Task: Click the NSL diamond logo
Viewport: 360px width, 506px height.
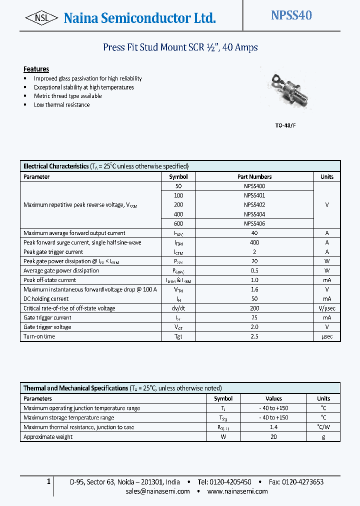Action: [x=41, y=18]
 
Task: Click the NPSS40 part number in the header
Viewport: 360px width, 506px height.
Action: [x=291, y=15]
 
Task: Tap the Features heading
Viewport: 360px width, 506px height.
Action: [x=36, y=69]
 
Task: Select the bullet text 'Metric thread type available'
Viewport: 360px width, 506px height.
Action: [x=67, y=96]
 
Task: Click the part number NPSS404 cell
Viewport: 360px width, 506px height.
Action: [x=254, y=214]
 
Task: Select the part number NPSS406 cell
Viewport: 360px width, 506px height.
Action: [x=254, y=223]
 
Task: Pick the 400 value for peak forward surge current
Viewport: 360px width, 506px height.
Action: [x=254, y=242]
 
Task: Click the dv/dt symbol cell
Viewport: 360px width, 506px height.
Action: [x=178, y=308]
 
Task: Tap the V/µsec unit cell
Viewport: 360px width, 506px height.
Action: [x=326, y=308]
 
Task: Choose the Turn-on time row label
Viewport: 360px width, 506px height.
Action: [x=39, y=336]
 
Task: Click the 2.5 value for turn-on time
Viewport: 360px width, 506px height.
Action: [x=254, y=336]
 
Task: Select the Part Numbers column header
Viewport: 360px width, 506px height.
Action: [x=254, y=176]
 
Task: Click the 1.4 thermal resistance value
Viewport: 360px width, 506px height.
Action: [x=273, y=427]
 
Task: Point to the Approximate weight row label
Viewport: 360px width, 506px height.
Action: [x=48, y=436]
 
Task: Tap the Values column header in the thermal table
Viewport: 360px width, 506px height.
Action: [x=273, y=398]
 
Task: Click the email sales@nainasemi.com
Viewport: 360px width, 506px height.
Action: [x=157, y=491]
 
